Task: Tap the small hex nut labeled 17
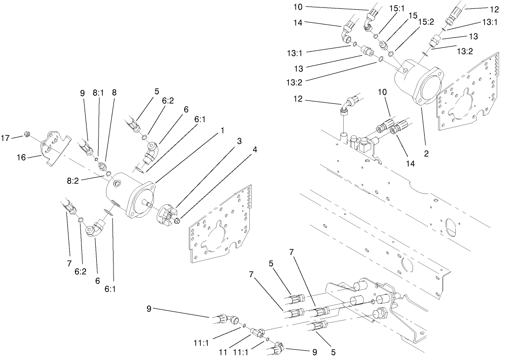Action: click(27, 135)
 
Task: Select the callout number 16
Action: click(21, 157)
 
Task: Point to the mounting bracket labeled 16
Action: click(53, 146)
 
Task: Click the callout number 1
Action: click(222, 131)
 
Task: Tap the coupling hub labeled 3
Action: click(167, 212)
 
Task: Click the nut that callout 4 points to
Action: click(177, 219)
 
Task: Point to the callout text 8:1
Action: click(98, 93)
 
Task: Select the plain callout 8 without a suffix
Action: click(114, 93)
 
